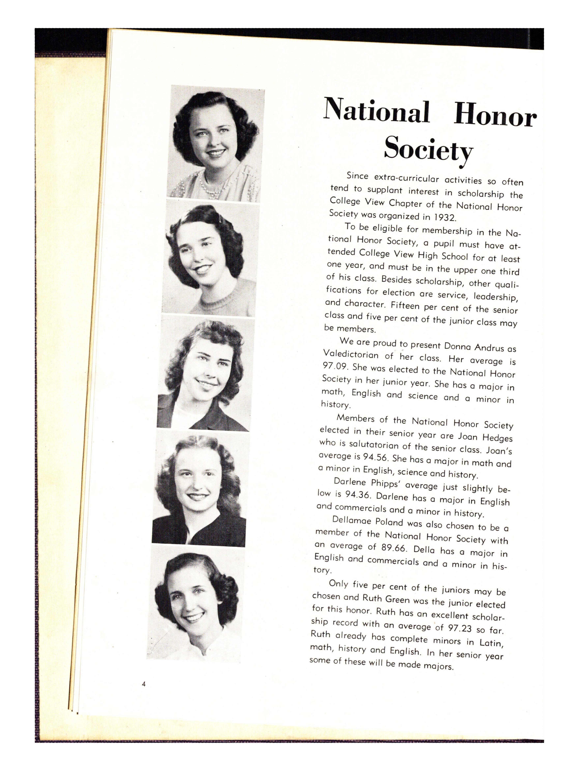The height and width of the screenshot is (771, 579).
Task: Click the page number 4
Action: pyautogui.click(x=144, y=684)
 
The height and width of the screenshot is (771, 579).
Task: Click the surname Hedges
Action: pyautogui.click(x=497, y=437)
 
